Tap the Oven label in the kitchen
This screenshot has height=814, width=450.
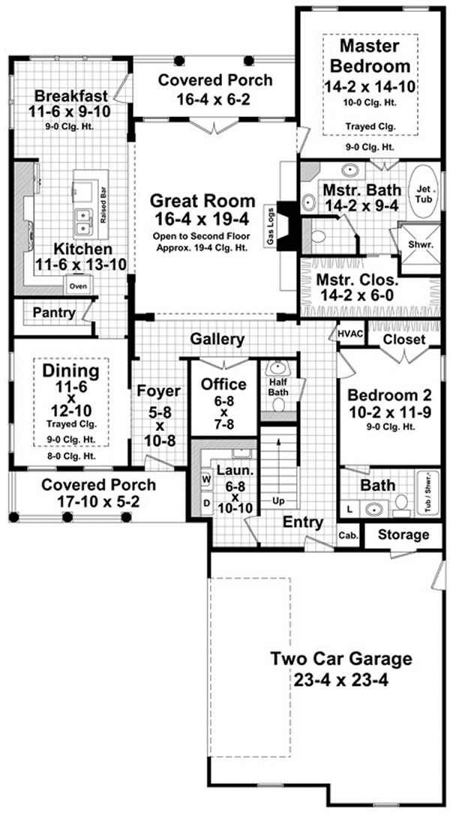coord(78,286)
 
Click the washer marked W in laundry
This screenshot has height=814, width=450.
coord(205,477)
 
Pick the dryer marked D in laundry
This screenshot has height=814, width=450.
coord(205,503)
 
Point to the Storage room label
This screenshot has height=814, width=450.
coord(403,534)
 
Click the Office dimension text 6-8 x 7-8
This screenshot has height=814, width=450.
coord(223,413)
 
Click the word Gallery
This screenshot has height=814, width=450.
coord(217,339)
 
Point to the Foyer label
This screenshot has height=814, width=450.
coord(158,391)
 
